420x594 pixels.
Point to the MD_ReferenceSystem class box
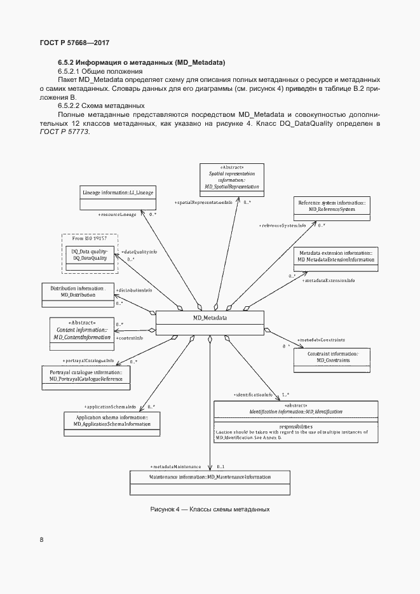[332, 209]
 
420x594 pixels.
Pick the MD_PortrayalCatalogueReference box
[86, 377]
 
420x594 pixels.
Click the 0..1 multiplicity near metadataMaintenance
[220, 466]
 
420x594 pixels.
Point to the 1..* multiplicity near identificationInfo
[285, 395]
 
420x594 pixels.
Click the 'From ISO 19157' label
[89, 238]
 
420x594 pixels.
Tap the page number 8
[42, 540]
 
